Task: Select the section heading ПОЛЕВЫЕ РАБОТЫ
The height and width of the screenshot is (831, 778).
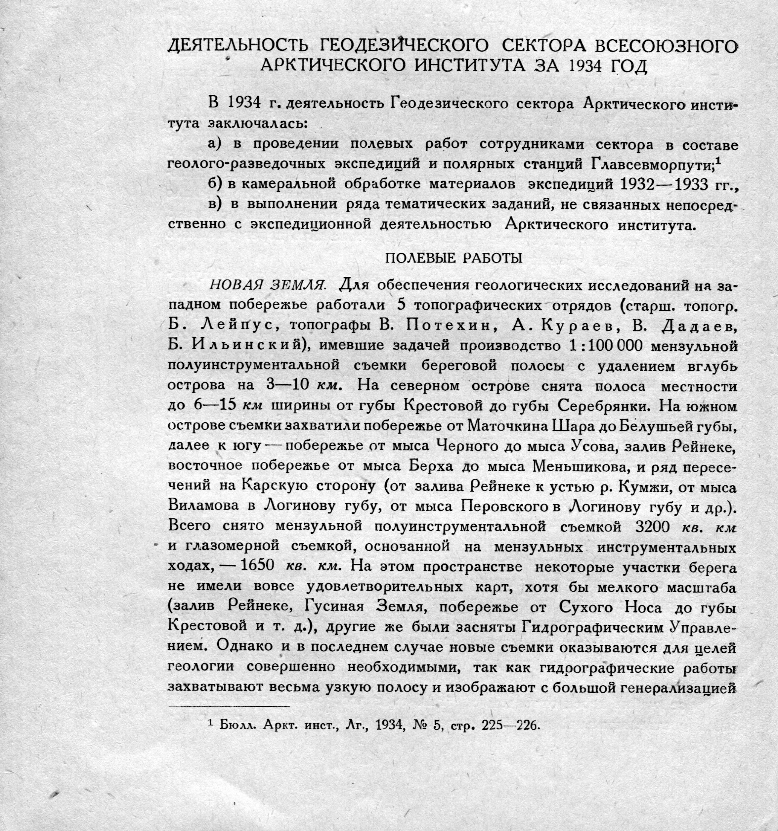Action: [x=453, y=258]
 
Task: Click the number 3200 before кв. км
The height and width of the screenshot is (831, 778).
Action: [x=653, y=526]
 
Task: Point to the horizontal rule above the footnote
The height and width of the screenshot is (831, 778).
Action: [x=229, y=706]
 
